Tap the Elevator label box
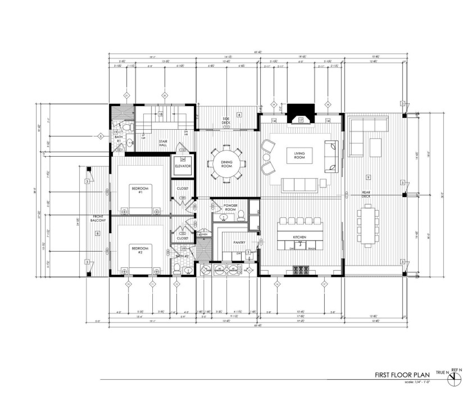coord(183,167)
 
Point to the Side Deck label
coord(226,120)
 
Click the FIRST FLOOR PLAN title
coord(403,374)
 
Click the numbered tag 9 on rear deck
coord(367,177)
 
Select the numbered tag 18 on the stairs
coord(161,114)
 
